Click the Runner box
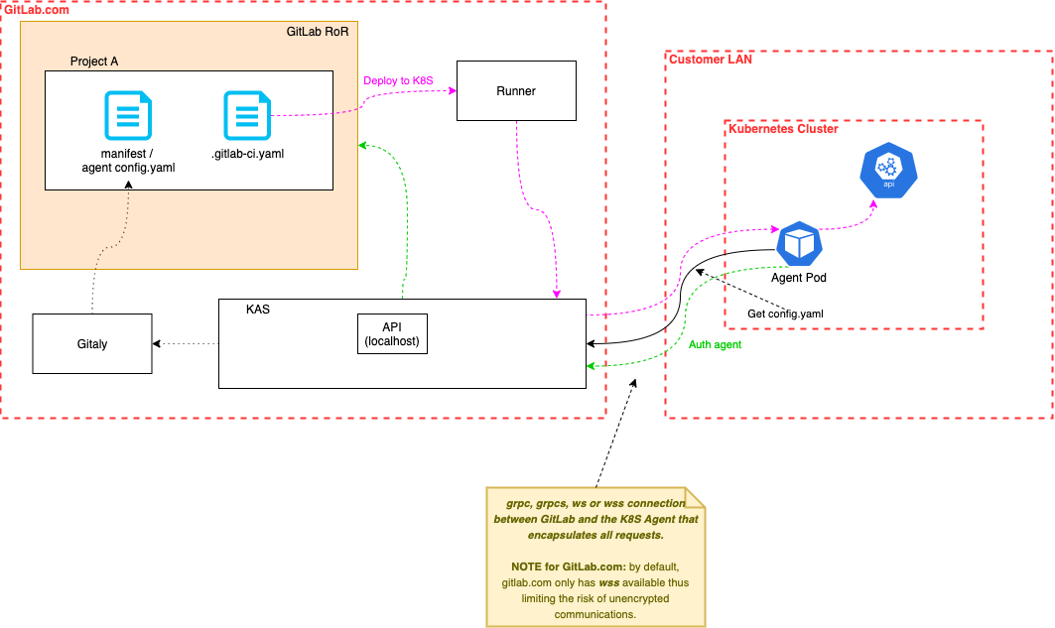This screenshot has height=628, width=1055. (x=515, y=91)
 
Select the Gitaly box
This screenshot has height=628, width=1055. (x=91, y=343)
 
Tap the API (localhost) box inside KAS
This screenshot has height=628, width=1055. (x=392, y=334)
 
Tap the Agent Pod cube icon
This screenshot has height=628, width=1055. (x=799, y=243)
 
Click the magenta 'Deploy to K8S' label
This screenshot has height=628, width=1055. (x=398, y=80)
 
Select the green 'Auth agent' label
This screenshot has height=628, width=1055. (x=715, y=345)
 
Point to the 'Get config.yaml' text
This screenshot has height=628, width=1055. (x=785, y=314)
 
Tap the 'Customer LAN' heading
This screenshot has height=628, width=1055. (x=711, y=60)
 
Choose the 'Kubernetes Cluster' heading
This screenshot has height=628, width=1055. (x=783, y=129)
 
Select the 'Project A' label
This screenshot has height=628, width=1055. (x=94, y=62)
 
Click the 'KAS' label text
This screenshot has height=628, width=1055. (x=258, y=310)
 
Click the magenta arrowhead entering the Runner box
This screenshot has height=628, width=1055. (x=452, y=91)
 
